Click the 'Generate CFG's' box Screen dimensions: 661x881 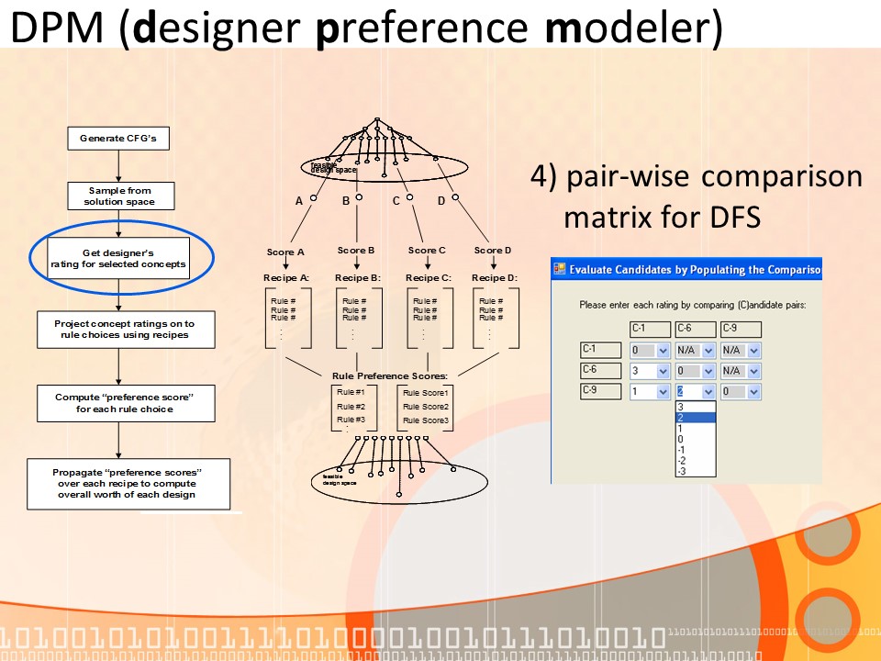click(x=118, y=139)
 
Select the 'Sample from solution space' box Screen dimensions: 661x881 click(x=118, y=196)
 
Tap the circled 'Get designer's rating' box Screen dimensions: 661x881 click(x=118, y=258)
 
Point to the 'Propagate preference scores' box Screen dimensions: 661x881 click(x=128, y=483)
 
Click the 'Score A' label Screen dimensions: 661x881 click(x=285, y=252)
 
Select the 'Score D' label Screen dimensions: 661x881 click(x=493, y=250)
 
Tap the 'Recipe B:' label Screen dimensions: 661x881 click(x=357, y=277)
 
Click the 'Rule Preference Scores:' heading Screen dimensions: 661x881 click(x=390, y=375)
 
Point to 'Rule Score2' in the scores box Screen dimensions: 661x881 click(x=426, y=407)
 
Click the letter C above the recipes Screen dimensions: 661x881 click(x=396, y=200)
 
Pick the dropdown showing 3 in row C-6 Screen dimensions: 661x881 click(x=650, y=371)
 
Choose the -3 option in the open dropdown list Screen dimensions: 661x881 click(x=681, y=471)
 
